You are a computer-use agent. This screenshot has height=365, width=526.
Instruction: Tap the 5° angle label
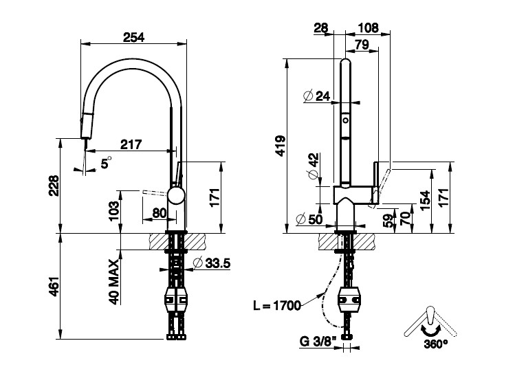tap(106, 163)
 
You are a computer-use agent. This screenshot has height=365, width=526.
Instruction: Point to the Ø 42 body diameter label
tap(314, 166)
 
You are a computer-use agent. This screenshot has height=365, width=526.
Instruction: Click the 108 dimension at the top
tap(369, 28)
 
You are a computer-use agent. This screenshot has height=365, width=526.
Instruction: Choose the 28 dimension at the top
tap(320, 28)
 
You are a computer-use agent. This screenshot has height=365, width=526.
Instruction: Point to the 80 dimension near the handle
tap(160, 213)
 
